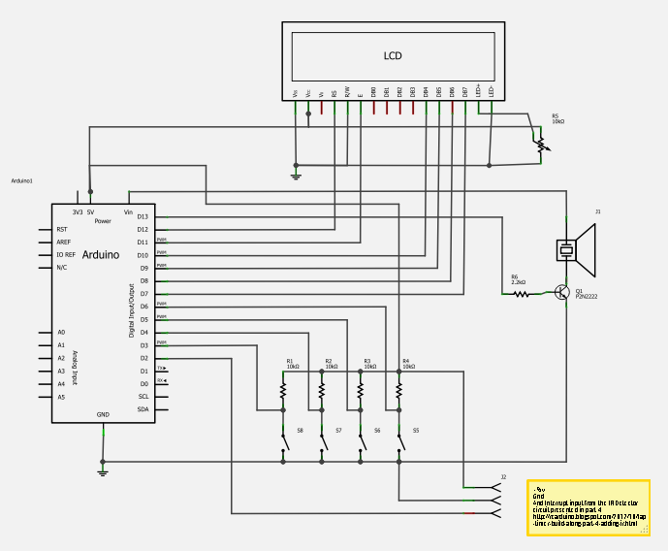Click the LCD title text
393,56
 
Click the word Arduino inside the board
101,254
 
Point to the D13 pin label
143,216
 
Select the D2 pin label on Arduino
143,358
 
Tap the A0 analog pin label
61,333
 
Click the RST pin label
62,230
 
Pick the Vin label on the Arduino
128,211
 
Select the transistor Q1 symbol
562,292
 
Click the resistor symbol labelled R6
522,293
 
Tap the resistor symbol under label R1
283,390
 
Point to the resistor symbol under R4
398,390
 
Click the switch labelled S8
285,441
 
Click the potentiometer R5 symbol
540,144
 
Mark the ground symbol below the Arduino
103,471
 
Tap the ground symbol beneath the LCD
297,176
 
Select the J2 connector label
503,477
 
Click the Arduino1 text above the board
22,181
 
